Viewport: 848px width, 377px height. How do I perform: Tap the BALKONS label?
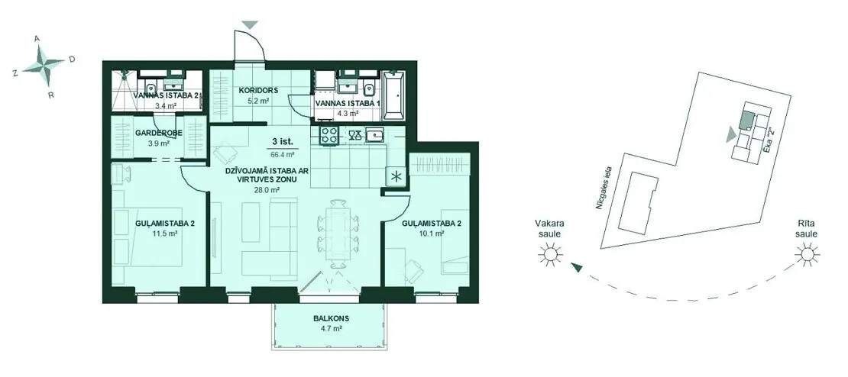pos(329,319)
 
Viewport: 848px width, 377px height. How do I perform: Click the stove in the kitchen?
pos(329,135)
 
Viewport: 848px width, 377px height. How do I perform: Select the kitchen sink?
pos(375,134)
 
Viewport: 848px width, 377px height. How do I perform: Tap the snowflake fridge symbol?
pos(395,177)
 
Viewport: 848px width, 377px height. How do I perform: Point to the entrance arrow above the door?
pos(250,25)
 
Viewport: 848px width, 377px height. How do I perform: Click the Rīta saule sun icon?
pos(806,253)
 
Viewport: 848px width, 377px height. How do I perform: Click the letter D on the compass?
pos(72,60)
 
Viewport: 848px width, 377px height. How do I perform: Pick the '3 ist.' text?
pos(283,142)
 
